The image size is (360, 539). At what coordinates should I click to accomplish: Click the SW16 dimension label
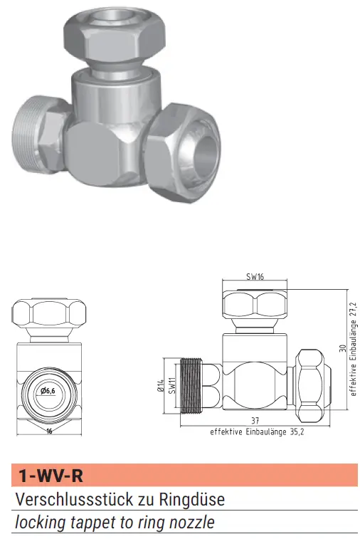tap(255, 276)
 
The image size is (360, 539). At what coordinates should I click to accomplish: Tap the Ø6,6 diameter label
tap(48, 391)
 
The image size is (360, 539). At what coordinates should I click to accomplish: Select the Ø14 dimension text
tap(162, 385)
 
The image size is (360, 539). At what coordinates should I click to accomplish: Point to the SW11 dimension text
tap(172, 385)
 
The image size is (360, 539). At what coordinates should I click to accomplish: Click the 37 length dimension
tap(255, 420)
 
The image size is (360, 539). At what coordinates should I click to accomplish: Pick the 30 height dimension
tap(342, 348)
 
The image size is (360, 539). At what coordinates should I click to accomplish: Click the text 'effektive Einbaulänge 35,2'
tap(257, 431)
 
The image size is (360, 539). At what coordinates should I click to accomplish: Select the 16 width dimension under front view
tap(49, 431)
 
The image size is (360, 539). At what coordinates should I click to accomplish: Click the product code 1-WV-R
tap(51, 476)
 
